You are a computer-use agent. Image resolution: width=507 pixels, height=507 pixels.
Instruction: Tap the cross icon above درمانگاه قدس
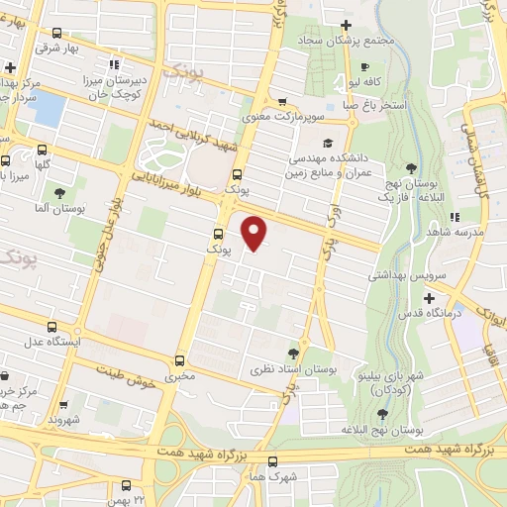(429, 298)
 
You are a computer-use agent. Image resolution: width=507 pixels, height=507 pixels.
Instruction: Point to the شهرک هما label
(272, 474)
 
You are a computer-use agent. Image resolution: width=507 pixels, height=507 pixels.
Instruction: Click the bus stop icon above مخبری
(179, 360)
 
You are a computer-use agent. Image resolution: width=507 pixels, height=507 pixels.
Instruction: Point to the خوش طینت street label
(125, 377)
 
